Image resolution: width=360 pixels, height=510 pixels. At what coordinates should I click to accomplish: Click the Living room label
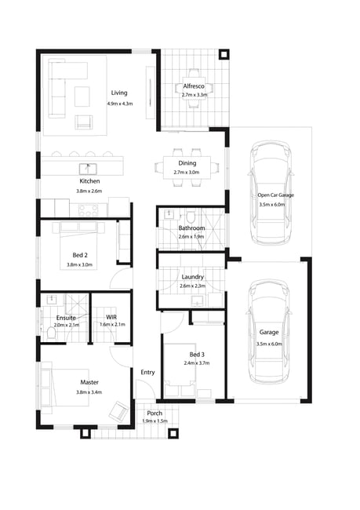(119, 93)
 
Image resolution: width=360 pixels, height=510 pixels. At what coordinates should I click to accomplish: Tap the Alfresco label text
(194, 86)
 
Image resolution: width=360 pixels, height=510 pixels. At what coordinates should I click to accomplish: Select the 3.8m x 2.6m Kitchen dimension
(89, 191)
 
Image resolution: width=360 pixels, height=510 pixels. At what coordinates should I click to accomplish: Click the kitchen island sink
(88, 169)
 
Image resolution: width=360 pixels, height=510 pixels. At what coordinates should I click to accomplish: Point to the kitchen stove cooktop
(89, 209)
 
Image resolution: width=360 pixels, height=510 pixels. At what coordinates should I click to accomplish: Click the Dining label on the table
(187, 163)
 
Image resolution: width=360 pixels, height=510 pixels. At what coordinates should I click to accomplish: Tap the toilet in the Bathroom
(191, 216)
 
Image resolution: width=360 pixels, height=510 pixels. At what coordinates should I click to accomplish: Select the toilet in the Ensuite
(52, 333)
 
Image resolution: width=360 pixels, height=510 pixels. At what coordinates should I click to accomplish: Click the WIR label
(111, 317)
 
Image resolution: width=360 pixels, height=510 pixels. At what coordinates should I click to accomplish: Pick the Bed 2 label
(80, 255)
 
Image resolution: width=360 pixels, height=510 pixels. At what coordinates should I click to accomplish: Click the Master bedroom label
(89, 383)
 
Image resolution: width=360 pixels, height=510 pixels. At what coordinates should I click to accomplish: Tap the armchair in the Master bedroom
(118, 411)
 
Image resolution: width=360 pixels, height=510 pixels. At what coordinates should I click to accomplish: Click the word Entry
(147, 373)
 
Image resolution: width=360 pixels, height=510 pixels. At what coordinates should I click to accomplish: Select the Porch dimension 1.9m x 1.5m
(155, 421)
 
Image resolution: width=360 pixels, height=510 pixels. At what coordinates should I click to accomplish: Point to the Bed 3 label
(197, 355)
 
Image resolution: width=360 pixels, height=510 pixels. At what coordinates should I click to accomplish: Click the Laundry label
(192, 277)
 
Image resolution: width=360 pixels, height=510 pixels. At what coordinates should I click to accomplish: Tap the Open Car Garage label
(276, 195)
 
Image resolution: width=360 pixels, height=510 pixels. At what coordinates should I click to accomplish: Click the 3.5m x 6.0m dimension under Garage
(269, 344)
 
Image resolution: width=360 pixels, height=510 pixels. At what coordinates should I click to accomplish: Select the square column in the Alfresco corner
(224, 55)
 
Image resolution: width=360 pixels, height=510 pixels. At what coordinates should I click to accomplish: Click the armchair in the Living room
(84, 122)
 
